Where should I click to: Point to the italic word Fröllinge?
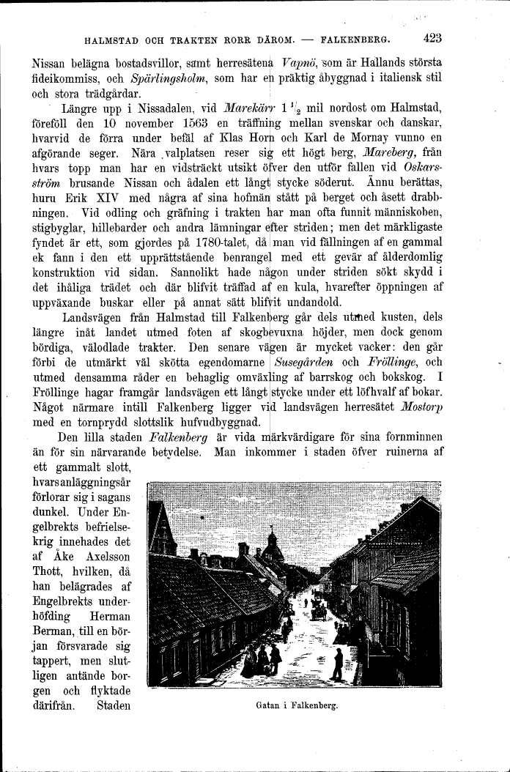(x=394, y=361)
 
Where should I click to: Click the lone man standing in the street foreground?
(x=337, y=664)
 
